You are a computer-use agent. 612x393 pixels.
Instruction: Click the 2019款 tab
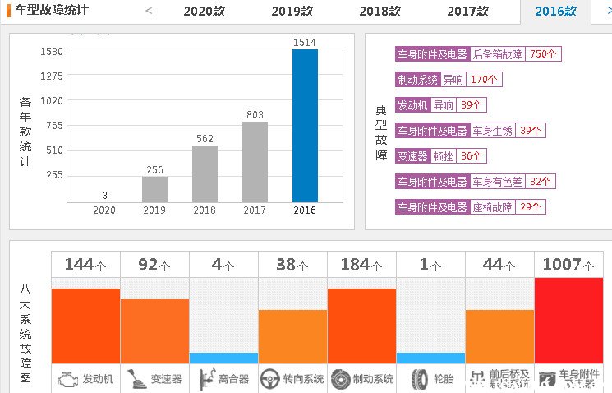pyautogui.click(x=292, y=12)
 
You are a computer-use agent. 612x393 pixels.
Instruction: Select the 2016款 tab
pyautogui.click(x=555, y=12)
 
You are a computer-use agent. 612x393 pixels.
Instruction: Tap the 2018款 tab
pyautogui.click(x=380, y=12)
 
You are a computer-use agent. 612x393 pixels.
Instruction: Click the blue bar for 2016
pyautogui.click(x=305, y=126)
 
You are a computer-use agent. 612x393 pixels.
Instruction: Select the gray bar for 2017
pyautogui.click(x=255, y=162)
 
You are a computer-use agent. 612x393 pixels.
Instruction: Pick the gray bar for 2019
pyautogui.click(x=154, y=189)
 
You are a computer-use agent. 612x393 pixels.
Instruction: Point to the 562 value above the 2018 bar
pyautogui.click(x=205, y=138)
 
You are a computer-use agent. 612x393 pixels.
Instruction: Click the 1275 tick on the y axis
pyautogui.click(x=51, y=76)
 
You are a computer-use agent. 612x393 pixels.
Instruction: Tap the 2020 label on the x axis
pyautogui.click(x=104, y=210)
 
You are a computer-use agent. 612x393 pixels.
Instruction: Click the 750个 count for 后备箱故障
pyautogui.click(x=544, y=54)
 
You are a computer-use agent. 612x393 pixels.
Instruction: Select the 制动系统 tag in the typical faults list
pyautogui.click(x=417, y=80)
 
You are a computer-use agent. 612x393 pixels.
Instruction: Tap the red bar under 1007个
pyautogui.click(x=568, y=320)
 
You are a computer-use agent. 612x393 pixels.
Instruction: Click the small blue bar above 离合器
pyautogui.click(x=223, y=358)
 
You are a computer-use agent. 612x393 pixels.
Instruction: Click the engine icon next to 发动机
pyautogui.click(x=67, y=379)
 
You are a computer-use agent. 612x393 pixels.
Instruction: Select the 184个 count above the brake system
pyautogui.click(x=361, y=265)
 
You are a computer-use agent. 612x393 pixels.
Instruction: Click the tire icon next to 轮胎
pyautogui.click(x=420, y=379)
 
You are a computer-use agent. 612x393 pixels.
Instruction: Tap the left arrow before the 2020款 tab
pyautogui.click(x=149, y=11)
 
